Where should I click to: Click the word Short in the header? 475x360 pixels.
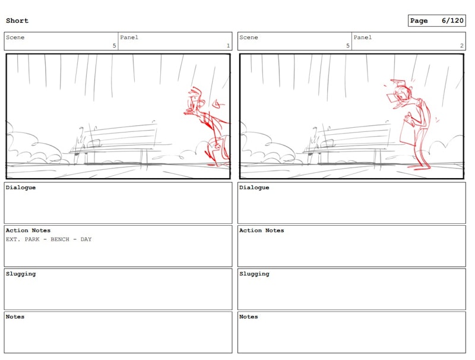coord(17,21)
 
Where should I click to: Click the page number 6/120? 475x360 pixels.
coord(452,21)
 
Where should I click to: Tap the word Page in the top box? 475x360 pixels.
coord(419,21)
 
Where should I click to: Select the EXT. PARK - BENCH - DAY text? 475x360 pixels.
coord(49,239)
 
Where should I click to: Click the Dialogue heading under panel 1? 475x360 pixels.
coord(21,188)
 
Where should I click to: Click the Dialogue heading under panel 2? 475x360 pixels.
coord(254,188)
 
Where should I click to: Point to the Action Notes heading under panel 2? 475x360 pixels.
coord(262,230)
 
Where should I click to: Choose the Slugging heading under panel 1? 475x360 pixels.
coord(21,274)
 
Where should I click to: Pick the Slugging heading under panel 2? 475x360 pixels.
coord(254,274)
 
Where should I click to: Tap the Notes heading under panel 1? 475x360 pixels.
coord(15,317)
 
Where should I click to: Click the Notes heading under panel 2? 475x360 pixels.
coord(248,317)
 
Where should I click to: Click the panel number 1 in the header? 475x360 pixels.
coord(228,46)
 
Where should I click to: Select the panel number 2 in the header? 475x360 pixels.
coord(462,46)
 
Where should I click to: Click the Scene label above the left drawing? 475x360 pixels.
coord(15,37)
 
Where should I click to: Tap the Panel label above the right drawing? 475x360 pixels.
coord(362,37)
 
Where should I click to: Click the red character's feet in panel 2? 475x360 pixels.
coord(420,166)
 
